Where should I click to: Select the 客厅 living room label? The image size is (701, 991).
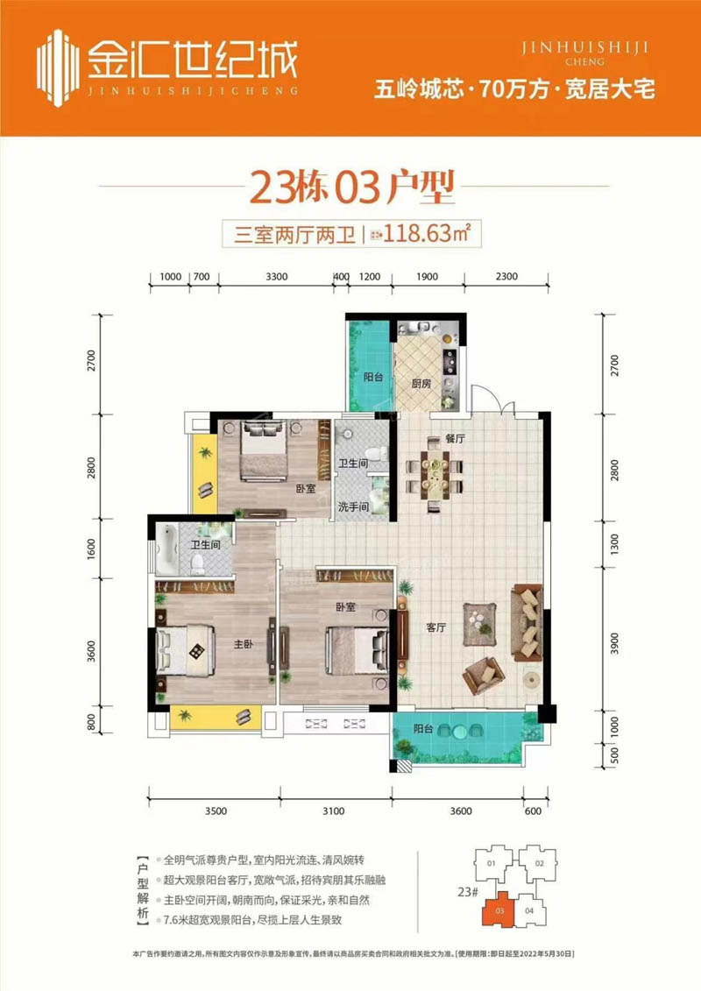[436, 627]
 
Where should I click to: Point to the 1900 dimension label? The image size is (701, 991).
[427, 276]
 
